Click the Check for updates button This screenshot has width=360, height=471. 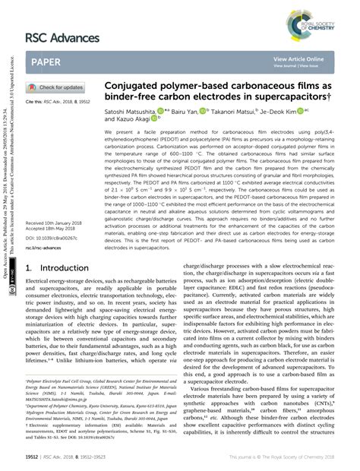click(x=58, y=87)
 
